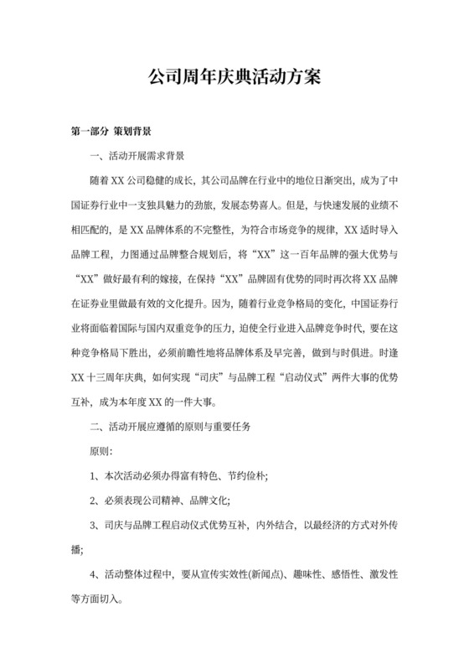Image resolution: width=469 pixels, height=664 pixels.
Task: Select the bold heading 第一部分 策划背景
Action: [111, 132]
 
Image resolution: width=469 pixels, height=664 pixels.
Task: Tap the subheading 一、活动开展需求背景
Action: [137, 156]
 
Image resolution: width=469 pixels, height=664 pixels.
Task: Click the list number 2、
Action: [95, 501]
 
